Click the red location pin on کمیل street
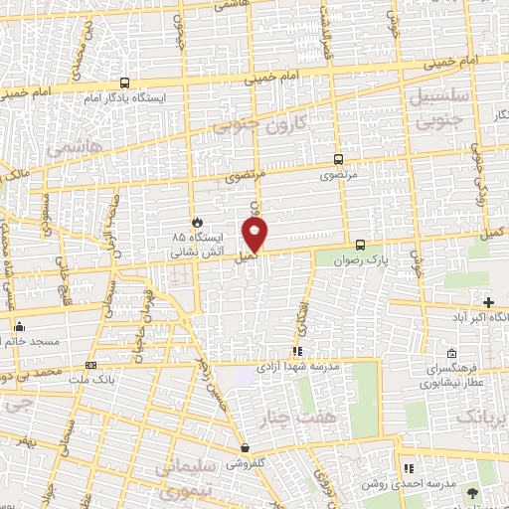[255, 233]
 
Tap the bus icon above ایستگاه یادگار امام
[124, 84]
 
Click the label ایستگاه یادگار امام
[124, 99]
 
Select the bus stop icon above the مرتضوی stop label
[339, 159]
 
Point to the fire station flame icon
[197, 222]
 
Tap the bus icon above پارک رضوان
[360, 245]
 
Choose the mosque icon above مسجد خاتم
[19, 326]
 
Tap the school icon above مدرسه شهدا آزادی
[297, 351]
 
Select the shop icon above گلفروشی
[245, 448]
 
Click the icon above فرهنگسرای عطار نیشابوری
[452, 354]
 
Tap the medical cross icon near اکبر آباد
[488, 302]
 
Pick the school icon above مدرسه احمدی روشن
[407, 468]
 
